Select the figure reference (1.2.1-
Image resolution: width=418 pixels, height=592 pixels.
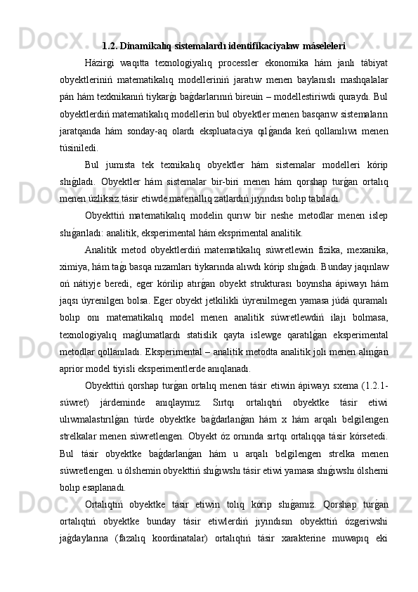coord(375,384)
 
